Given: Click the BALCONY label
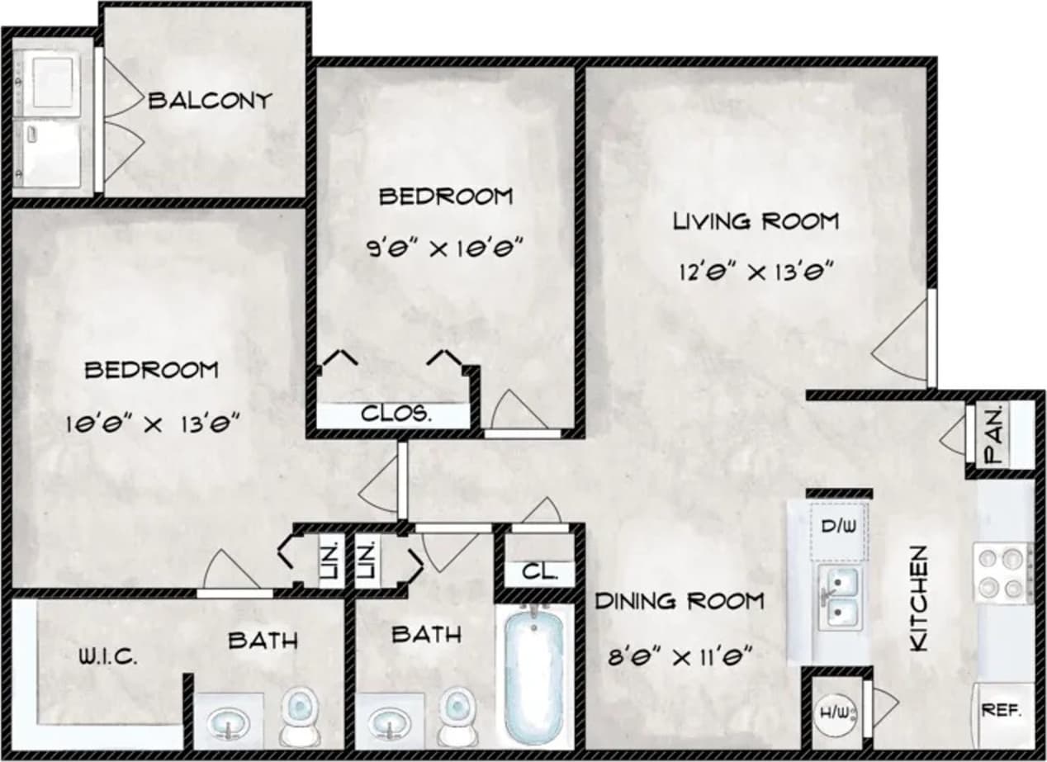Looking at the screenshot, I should [210, 101].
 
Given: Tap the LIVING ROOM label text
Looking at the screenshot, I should [756, 221].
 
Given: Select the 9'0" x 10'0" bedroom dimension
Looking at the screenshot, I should [446, 248].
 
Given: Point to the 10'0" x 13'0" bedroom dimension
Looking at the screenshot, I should [153, 424].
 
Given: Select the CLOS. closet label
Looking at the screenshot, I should [396, 414].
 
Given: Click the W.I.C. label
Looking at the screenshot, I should [107, 658].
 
